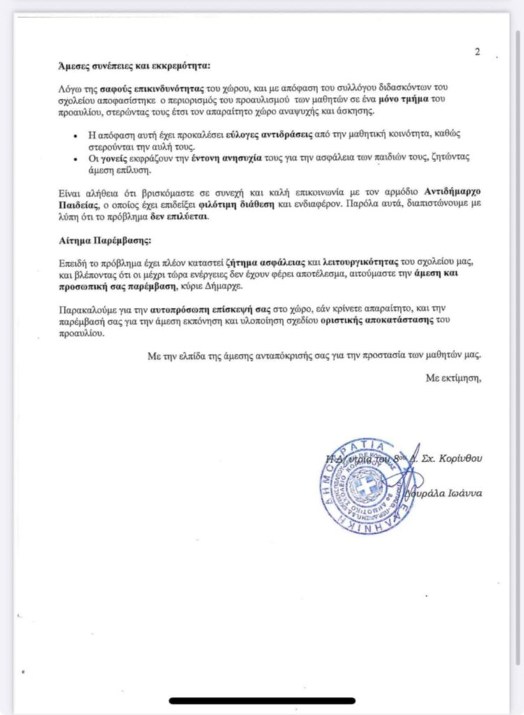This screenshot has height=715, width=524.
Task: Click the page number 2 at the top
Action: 477,51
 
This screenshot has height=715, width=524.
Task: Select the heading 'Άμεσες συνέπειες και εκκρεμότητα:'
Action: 134,66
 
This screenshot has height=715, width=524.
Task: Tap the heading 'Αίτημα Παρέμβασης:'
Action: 104,240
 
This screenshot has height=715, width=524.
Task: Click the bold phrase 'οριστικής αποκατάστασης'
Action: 380,320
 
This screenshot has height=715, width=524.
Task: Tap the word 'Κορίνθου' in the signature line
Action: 460,459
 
